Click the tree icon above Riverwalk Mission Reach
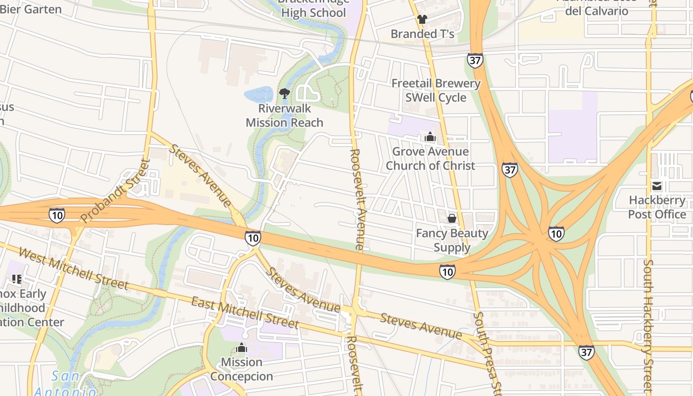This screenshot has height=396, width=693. pos(285,93)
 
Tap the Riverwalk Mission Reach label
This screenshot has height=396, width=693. pos(285,115)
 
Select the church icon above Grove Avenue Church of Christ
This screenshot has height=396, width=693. pos(430,137)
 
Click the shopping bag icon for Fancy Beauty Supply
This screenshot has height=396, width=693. pos(451,218)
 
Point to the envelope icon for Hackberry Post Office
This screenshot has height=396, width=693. pos(657,186)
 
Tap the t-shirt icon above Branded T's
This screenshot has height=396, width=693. pos(422,19)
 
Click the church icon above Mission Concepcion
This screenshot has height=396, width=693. pos(242,347)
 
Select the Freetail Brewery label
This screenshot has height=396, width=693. pos(436,83)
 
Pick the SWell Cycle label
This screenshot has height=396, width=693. pos(436,98)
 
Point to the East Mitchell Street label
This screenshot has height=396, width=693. pos(245,313)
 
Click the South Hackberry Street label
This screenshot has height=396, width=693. pos(649,324)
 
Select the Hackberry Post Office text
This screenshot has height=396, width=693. pos(657,207)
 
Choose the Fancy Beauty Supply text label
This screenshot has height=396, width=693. pos(451,240)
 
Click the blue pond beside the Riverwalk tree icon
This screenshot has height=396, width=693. pos(258,94)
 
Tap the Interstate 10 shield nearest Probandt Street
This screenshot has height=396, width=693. pos(57,215)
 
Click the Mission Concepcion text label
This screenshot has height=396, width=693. pos(242,369)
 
